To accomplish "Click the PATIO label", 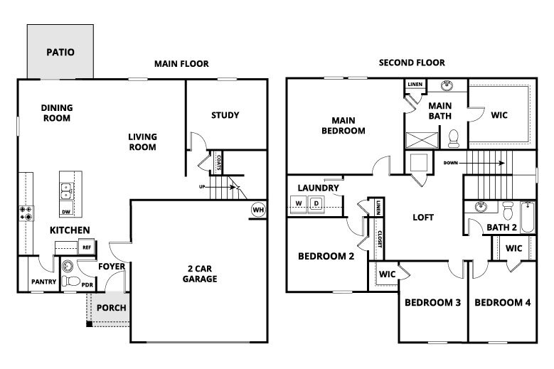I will pyautogui.click(x=60, y=52).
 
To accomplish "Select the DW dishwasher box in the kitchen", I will pyautogui.click(x=66, y=211).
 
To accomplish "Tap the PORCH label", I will pyautogui.click(x=111, y=308).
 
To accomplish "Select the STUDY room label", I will pyautogui.click(x=225, y=115).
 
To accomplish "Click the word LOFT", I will pyautogui.click(x=424, y=218).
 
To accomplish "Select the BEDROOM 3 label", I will pyautogui.click(x=432, y=303).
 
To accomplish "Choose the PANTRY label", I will pyautogui.click(x=43, y=282).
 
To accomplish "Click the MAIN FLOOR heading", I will pyautogui.click(x=181, y=64).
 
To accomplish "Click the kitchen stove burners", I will pyautogui.click(x=25, y=211).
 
